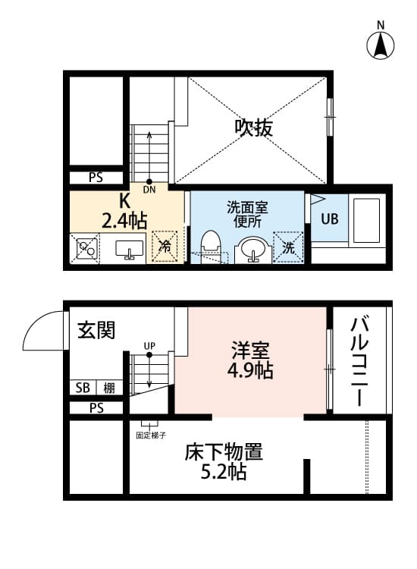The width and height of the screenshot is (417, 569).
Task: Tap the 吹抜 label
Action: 252,127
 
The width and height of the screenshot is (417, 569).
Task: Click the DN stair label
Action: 149,190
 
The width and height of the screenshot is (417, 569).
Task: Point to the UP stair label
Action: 149,347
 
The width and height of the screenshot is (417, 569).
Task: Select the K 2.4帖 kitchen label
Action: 124,211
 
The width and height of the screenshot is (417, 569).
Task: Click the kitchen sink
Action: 130,249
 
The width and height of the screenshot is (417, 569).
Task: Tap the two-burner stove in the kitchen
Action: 85,248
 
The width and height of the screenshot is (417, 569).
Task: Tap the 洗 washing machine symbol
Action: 289,247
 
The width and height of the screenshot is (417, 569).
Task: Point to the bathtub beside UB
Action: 368,220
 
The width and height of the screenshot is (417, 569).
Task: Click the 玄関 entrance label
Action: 96,330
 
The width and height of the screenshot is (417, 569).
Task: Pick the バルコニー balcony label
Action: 359,360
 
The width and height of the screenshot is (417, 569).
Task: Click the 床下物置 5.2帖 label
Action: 224,462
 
